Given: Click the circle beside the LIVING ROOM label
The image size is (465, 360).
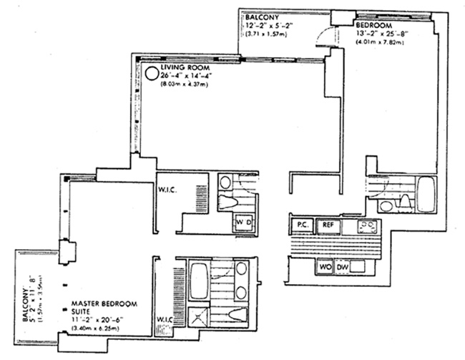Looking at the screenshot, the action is [151, 72].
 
